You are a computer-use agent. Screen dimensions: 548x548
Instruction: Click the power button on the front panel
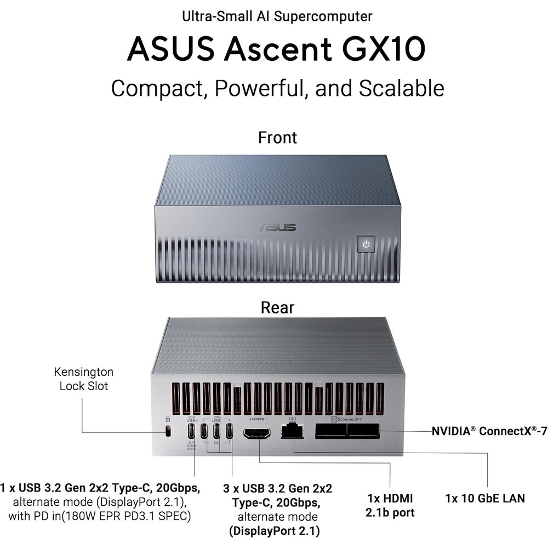366,244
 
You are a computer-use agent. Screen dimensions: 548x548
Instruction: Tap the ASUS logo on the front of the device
278,227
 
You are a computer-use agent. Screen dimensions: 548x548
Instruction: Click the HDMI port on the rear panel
257,433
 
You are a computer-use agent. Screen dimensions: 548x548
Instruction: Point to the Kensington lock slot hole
168,431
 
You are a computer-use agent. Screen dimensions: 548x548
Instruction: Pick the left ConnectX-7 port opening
330,431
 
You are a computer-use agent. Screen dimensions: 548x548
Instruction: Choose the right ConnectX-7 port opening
363,431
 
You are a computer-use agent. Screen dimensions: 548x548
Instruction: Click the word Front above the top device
277,138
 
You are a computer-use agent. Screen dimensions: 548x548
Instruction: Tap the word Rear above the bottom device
277,307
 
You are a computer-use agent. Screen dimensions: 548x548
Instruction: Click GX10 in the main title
384,49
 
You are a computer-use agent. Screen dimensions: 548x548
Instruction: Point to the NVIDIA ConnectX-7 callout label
489,431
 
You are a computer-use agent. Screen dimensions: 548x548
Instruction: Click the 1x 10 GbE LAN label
485,498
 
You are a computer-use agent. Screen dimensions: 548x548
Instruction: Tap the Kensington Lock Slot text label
84,379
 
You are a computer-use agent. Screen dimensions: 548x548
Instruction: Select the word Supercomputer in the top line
323,16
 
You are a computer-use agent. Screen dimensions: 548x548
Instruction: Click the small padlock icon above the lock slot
167,419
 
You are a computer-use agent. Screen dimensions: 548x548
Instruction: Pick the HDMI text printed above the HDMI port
258,419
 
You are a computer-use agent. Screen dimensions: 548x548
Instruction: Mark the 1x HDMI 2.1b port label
390,505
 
